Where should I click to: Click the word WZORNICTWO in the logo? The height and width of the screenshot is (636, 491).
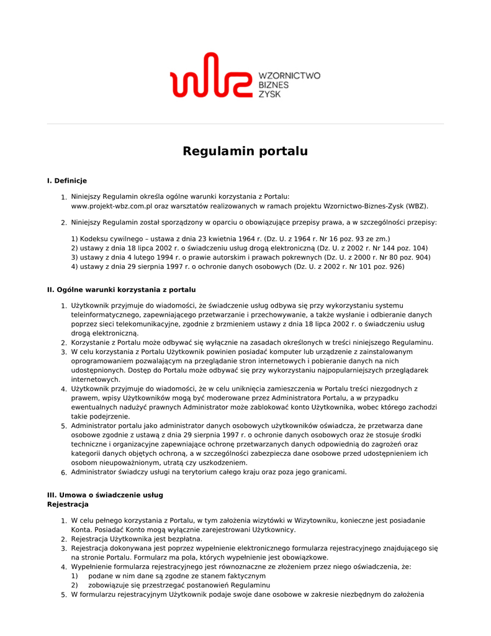[x=289, y=76]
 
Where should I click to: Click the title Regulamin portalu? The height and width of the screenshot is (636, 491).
[x=245, y=152]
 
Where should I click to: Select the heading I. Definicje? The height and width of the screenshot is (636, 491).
[x=67, y=181]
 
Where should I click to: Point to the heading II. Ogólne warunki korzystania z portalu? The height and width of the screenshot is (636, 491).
[x=121, y=289]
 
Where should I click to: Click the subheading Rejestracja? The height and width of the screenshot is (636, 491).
[x=68, y=504]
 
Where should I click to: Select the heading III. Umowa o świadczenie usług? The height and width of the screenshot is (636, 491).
[x=105, y=495]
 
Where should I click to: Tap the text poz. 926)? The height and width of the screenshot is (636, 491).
[x=389, y=266]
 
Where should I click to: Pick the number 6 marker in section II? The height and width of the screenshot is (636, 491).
[x=63, y=473]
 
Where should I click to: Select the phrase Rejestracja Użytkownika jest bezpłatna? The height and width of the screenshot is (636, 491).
[x=137, y=539]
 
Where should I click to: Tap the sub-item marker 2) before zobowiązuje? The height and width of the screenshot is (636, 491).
[x=74, y=585]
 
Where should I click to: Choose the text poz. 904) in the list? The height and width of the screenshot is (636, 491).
[x=415, y=257]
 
